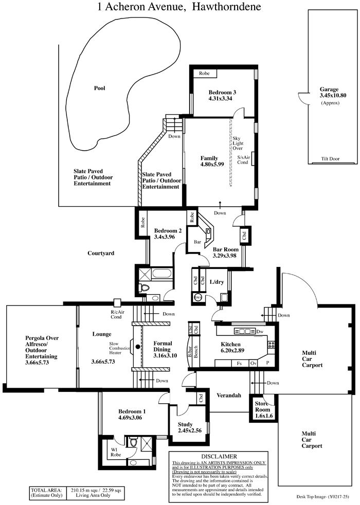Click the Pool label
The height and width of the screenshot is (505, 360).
[99, 88]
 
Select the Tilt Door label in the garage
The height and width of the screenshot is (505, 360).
[330, 158]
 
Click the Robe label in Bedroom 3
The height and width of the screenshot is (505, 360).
[204, 73]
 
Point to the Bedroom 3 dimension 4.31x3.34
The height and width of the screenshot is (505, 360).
[220, 99]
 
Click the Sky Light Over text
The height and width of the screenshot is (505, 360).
[238, 143]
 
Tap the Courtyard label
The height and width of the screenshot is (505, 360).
[101, 253]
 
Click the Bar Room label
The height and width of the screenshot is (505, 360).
[226, 249]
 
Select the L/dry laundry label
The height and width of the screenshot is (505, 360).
[217, 282]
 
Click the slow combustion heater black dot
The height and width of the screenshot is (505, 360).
[138, 347]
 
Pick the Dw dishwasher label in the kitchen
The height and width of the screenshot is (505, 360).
[260, 331]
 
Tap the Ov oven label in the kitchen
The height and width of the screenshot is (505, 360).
[254, 363]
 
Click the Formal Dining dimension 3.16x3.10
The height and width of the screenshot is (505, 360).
[165, 355]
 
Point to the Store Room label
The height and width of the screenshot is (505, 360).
[262, 406]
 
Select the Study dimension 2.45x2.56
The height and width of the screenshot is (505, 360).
[190, 430]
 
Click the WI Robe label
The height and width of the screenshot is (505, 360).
[116, 452]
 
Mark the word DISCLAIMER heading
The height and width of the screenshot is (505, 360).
[219, 456]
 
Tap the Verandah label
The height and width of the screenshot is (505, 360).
[229, 395]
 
